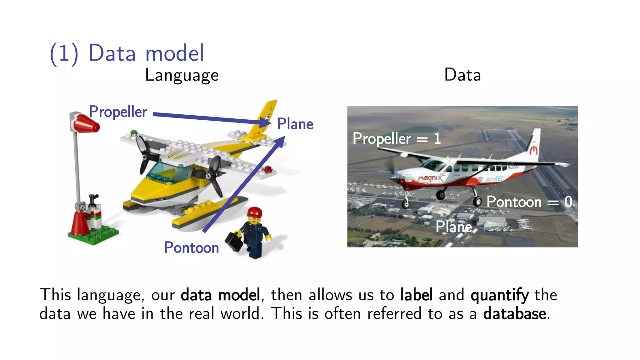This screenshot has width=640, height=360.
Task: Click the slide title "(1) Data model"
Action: (x=127, y=53)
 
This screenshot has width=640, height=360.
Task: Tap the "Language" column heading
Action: (x=182, y=75)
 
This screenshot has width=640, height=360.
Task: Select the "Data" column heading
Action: (x=462, y=75)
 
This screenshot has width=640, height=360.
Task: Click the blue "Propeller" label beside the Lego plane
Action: (x=118, y=112)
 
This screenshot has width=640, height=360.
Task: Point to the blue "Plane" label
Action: (x=295, y=124)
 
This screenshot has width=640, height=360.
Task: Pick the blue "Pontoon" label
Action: (x=191, y=248)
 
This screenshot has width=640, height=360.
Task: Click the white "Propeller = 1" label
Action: (x=396, y=138)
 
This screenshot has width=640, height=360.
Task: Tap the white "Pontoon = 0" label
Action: (x=529, y=202)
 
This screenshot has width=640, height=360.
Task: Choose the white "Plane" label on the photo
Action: (x=454, y=227)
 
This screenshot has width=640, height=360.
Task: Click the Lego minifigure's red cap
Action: (x=254, y=212)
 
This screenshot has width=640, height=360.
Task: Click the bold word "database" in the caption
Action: (x=515, y=314)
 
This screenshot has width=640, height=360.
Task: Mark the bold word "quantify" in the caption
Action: (x=500, y=295)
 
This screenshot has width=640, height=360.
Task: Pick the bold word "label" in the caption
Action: (x=417, y=295)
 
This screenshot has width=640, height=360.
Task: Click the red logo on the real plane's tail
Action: (x=533, y=150)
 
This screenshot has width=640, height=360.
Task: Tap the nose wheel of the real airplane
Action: (x=405, y=204)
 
